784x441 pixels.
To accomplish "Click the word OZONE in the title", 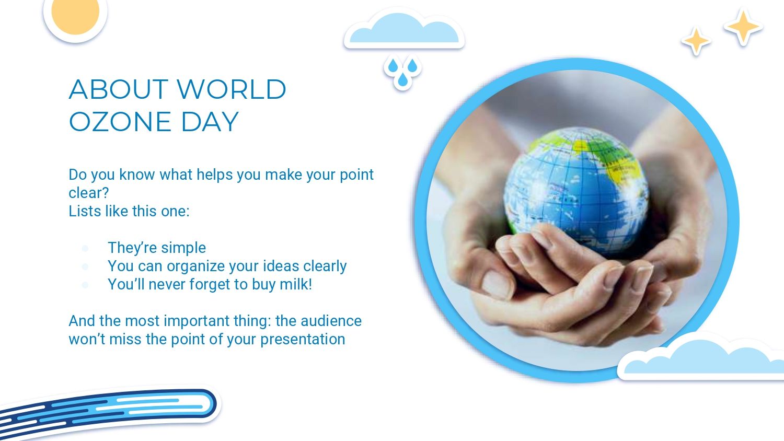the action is (x=120, y=122).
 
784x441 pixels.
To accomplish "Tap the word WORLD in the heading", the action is (x=232, y=89).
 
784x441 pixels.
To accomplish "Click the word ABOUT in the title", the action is (x=118, y=89).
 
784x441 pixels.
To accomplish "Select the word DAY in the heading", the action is (x=210, y=122).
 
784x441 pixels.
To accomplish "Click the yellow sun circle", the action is (x=75, y=12).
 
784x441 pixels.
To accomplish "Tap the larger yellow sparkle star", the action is (x=743, y=27).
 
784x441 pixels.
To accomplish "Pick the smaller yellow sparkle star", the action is (x=696, y=41).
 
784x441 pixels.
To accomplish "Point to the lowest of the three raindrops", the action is (x=403, y=80).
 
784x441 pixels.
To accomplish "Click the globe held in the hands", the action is (x=576, y=190).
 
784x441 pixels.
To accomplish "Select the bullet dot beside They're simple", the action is (x=85, y=249).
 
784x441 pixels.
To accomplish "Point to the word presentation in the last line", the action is (x=303, y=340).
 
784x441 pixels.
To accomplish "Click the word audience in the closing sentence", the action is (x=331, y=321).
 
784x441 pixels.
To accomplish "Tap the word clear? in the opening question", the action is (x=89, y=193).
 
